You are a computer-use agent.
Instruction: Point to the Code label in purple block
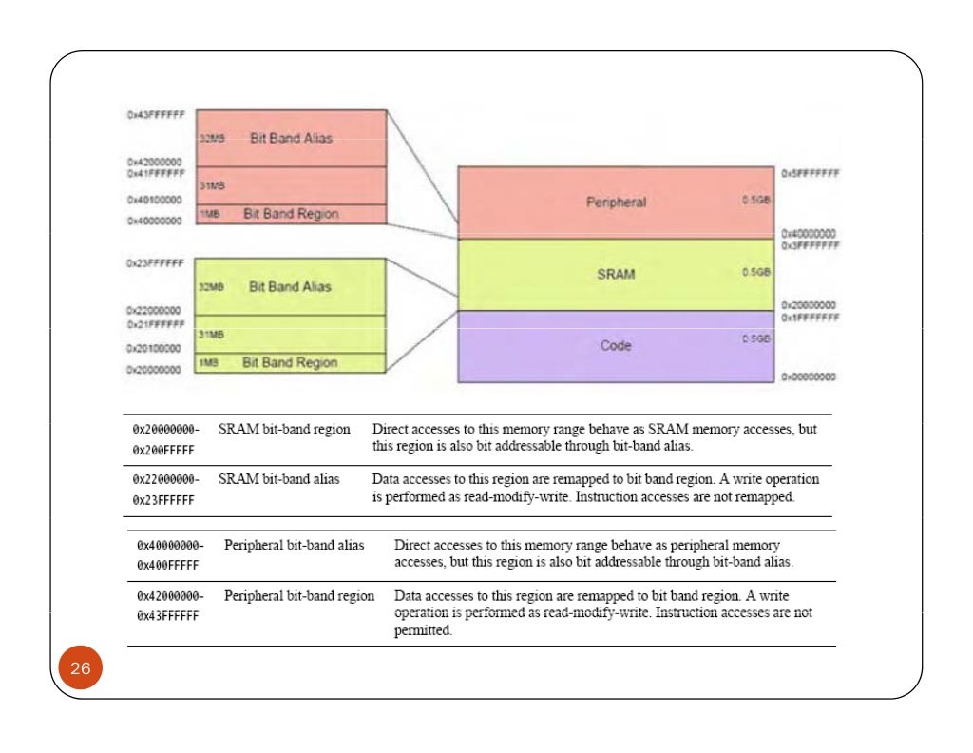[x=616, y=346]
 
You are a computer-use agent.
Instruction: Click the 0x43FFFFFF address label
[x=155, y=114]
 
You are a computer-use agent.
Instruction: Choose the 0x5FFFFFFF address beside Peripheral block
[x=810, y=175]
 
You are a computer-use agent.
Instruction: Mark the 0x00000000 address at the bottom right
[x=808, y=376]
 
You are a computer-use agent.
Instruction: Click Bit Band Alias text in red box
[x=291, y=138]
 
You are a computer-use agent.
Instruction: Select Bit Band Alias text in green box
[x=291, y=286]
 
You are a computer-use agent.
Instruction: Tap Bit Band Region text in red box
[x=290, y=214]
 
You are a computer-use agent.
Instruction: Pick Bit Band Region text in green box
[x=290, y=362]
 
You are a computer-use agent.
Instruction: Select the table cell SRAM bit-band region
[x=284, y=430]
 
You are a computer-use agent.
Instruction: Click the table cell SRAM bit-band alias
[x=279, y=478]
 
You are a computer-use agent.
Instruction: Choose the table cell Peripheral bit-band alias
[x=295, y=545]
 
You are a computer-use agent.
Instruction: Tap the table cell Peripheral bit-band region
[x=299, y=596]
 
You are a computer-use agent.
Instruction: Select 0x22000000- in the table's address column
[x=166, y=480]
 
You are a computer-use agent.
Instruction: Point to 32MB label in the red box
[x=212, y=139]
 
